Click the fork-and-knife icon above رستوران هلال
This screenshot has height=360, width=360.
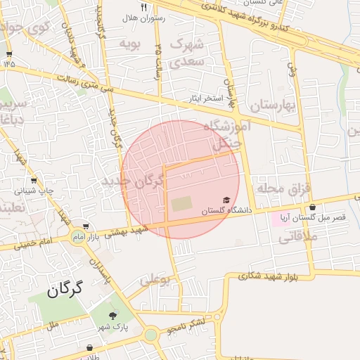(x=144, y=7)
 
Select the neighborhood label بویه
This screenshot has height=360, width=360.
(x=131, y=44)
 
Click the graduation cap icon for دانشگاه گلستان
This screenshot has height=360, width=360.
(x=226, y=200)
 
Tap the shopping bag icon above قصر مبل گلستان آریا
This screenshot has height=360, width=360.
(x=312, y=207)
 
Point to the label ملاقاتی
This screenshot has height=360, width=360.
(x=298, y=237)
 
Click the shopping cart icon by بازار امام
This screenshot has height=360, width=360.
(x=86, y=226)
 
